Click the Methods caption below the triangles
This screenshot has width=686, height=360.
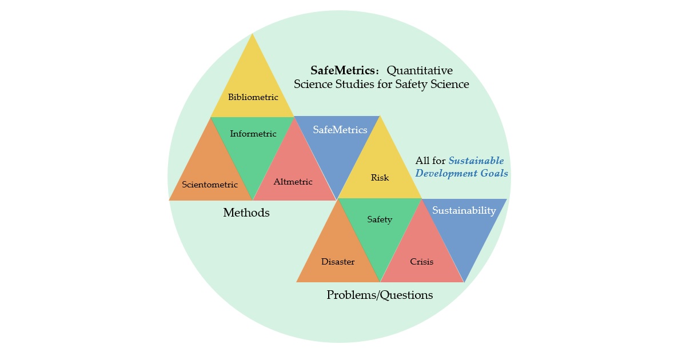coord(246,213)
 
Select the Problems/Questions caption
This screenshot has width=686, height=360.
coord(380,295)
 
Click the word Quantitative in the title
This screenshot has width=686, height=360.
coord(420,70)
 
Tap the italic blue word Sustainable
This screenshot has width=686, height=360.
coord(476,161)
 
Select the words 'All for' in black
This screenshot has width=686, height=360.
coord(430,161)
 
